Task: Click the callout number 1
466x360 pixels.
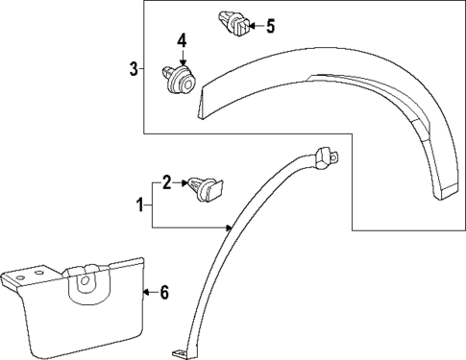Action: click(x=140, y=204)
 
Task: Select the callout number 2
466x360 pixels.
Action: click(x=167, y=181)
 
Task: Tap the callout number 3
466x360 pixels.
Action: click(x=133, y=68)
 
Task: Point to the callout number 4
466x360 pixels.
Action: click(x=181, y=41)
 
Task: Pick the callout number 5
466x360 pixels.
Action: click(x=269, y=25)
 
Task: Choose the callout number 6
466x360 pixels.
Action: click(x=163, y=292)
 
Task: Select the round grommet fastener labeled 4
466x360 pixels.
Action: click(x=177, y=80)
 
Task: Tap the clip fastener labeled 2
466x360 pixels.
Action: click(x=205, y=185)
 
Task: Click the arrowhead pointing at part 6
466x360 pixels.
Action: click(x=144, y=289)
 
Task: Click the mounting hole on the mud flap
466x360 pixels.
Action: click(x=85, y=283)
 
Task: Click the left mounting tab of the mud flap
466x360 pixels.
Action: click(x=15, y=277)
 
